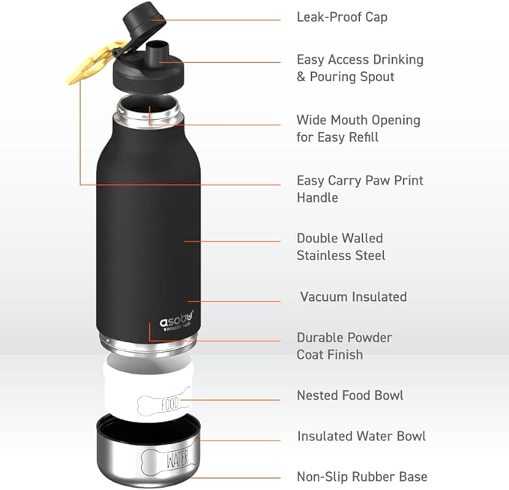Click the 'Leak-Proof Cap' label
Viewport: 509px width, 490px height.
click(342, 17)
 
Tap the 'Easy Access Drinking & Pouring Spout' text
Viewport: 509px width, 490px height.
click(360, 68)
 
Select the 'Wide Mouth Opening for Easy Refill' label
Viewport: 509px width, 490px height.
click(358, 128)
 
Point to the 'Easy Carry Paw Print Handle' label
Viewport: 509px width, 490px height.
click(360, 189)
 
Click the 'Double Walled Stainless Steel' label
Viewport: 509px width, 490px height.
click(341, 247)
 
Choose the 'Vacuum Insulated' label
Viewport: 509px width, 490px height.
click(353, 296)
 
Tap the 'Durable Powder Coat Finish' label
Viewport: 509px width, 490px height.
click(344, 346)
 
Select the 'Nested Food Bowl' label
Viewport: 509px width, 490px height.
click(350, 395)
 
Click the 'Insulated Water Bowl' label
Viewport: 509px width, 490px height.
click(361, 436)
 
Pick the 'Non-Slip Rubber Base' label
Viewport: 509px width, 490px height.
click(362, 476)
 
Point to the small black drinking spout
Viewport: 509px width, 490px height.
click(156, 55)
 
